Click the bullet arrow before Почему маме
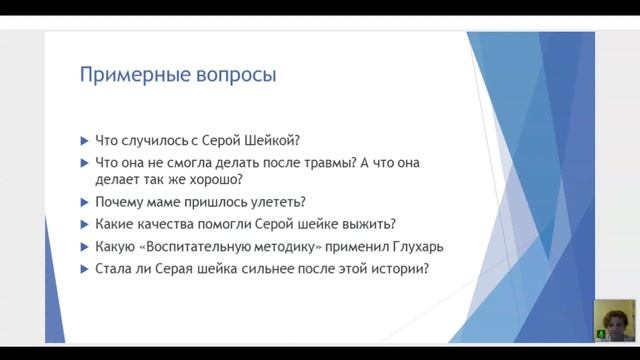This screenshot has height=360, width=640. [83, 201]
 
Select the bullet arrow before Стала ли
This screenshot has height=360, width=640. [83, 268]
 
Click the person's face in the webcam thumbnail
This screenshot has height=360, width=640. [610, 317]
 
